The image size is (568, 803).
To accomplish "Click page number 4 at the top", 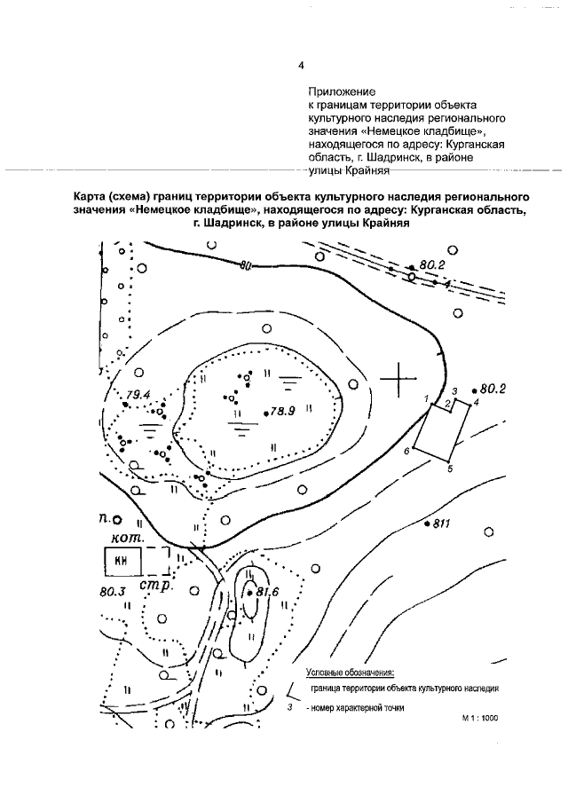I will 302,65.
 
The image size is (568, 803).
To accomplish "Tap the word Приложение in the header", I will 343,91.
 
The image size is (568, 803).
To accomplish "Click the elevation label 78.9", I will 282,412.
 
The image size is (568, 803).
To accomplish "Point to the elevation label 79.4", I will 139,394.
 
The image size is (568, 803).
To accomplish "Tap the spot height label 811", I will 442,524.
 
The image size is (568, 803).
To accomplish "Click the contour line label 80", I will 246,265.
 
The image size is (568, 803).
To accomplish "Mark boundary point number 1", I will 427,398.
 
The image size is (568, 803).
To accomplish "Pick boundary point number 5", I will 450,468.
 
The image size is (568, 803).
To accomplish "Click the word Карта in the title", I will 94,195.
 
